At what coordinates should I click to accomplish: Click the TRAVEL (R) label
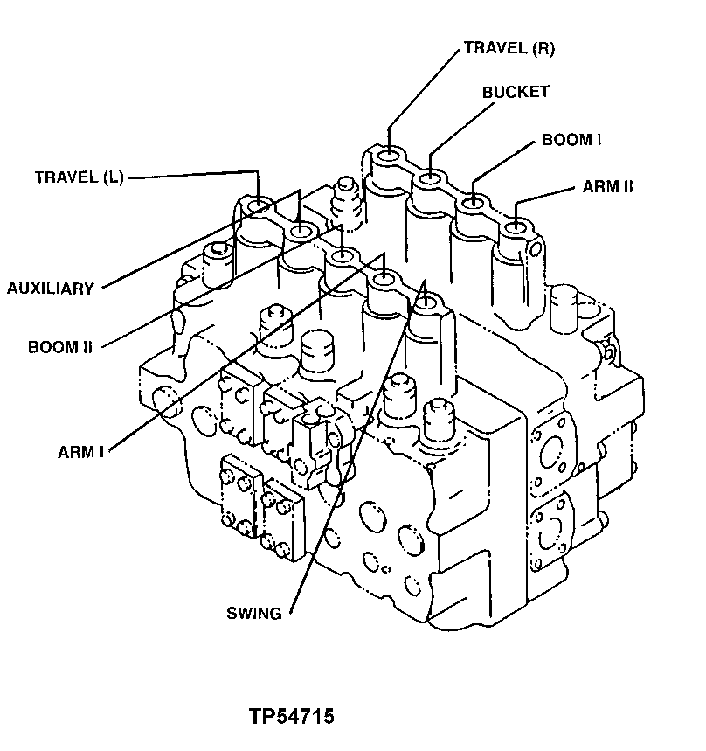tap(509, 48)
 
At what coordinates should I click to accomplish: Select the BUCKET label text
tap(516, 92)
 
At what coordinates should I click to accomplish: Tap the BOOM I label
tap(571, 139)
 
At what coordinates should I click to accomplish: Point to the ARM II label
tap(607, 186)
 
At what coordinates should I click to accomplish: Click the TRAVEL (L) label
tap(80, 177)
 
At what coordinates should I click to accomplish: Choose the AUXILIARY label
tap(51, 289)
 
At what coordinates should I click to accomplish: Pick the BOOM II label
tap(60, 347)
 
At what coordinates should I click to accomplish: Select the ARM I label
tap(81, 452)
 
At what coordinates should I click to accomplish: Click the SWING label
tap(254, 613)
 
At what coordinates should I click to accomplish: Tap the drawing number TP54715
tap(292, 717)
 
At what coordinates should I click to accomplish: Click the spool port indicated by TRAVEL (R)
tap(388, 157)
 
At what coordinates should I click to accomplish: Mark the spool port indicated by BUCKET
tap(430, 179)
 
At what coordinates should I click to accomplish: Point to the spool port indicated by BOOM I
tap(473, 202)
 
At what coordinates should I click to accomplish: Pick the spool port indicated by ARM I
tap(383, 277)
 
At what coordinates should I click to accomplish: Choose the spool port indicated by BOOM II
tap(341, 254)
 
